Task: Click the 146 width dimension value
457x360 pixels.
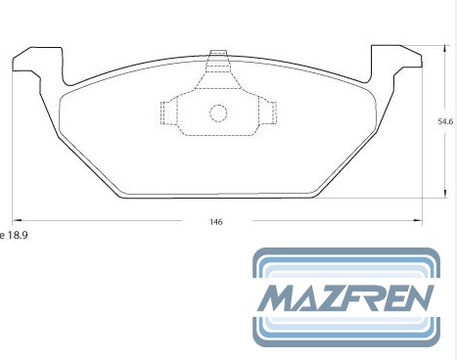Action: (216, 222)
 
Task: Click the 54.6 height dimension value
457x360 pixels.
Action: (445, 121)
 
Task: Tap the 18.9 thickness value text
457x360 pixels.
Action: (18, 235)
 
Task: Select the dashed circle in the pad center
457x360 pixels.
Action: (218, 113)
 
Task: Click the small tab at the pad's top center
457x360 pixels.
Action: (218, 53)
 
